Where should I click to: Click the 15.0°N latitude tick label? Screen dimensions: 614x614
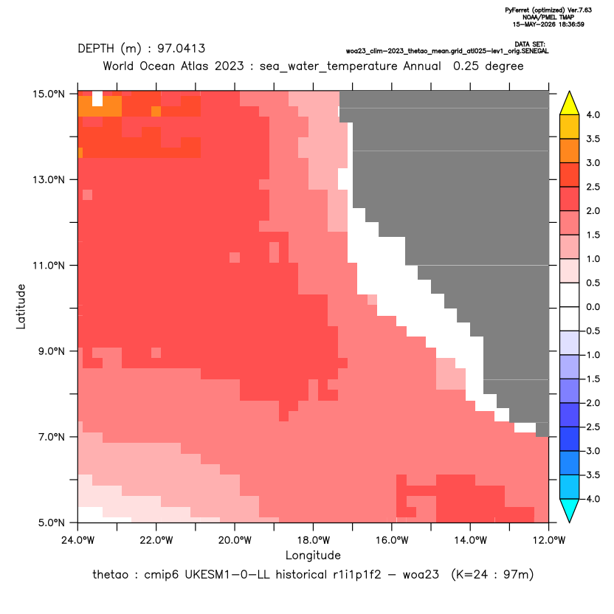[x=49, y=94]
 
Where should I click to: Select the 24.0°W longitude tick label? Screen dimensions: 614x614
[x=78, y=540]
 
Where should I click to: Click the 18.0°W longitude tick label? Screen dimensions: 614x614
[x=313, y=540]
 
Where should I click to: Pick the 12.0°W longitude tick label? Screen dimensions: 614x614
[x=548, y=540]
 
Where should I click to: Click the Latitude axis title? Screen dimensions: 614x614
[x=21, y=306]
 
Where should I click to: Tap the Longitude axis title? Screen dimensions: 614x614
[x=313, y=555]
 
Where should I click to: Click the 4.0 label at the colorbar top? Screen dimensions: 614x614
[x=593, y=114]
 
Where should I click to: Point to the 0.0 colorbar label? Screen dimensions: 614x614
[x=593, y=307]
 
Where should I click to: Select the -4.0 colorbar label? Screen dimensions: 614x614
[x=591, y=499]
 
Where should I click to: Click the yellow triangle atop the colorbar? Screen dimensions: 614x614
[x=570, y=104]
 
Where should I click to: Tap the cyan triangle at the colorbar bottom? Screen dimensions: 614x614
[x=570, y=510]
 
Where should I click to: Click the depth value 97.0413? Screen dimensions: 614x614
[x=182, y=49]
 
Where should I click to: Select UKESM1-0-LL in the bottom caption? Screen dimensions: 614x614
[x=227, y=574]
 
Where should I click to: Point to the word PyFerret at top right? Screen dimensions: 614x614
[x=517, y=10]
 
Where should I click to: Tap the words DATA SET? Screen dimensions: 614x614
[x=530, y=44]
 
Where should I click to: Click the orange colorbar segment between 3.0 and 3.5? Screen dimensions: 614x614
[x=570, y=151]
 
